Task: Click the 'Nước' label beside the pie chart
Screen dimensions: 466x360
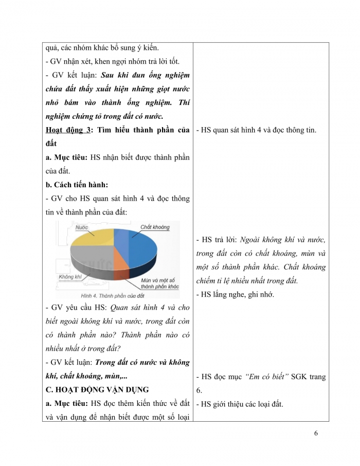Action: (80, 227)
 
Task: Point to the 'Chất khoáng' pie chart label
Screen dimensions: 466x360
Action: (155, 227)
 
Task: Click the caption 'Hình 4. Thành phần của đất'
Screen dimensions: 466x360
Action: (113, 296)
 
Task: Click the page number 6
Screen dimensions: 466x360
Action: (316, 433)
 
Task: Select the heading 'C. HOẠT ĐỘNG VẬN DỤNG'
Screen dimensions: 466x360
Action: (97, 390)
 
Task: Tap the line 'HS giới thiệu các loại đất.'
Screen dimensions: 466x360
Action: (240, 404)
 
